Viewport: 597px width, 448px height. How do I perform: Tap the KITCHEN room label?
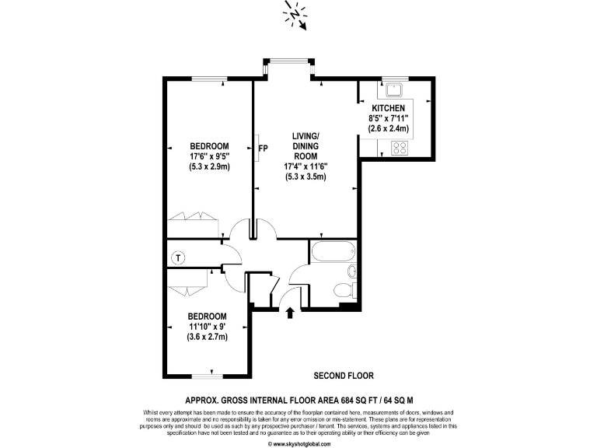coord(388,108)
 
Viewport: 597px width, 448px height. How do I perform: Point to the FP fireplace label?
coord(263,147)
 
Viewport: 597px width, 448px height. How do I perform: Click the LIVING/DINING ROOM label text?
coord(305,146)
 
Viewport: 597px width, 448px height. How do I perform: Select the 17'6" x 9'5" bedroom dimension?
coord(209,156)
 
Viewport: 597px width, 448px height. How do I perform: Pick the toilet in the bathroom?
coord(343,291)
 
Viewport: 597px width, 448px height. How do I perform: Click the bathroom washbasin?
coord(351,271)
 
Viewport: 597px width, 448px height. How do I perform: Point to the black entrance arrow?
coord(291,313)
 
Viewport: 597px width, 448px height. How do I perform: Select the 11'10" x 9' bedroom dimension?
coord(208,327)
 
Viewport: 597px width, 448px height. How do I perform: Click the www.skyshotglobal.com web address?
coord(298,443)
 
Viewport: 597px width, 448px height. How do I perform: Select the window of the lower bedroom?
coord(206,376)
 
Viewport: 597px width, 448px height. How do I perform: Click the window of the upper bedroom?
coord(210,78)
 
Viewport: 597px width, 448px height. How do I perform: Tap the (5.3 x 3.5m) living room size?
coord(305,177)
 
